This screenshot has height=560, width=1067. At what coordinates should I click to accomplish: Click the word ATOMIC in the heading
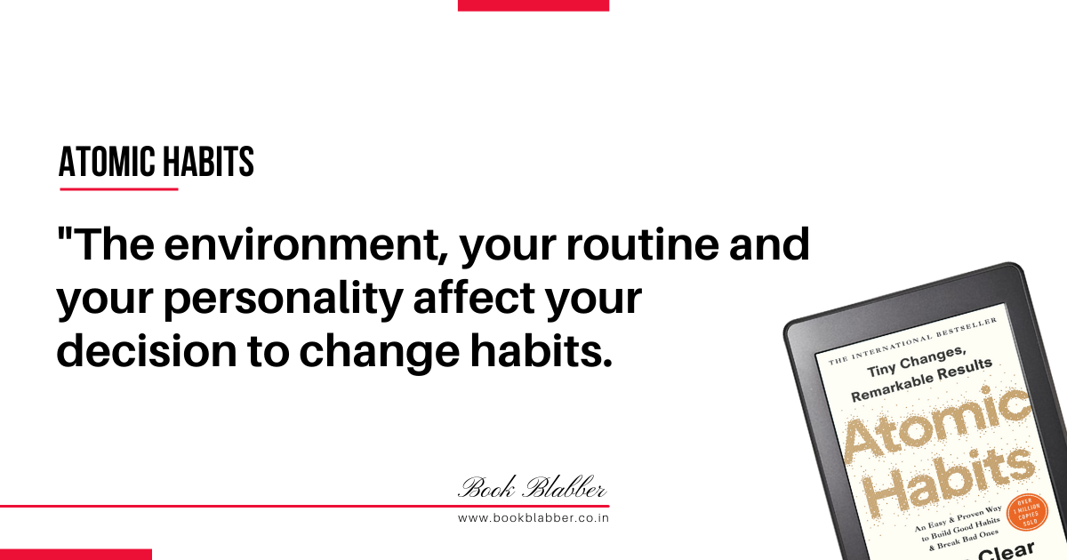click(108, 162)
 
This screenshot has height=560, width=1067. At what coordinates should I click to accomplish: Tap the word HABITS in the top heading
click(209, 162)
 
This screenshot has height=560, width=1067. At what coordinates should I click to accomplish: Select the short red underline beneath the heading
click(119, 189)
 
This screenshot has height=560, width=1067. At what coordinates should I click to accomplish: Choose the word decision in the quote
click(147, 350)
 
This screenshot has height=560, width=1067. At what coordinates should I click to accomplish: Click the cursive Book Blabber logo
click(532, 487)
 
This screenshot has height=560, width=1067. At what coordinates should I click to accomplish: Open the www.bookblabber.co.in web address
click(533, 518)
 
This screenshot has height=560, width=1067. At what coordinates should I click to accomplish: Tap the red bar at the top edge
click(533, 5)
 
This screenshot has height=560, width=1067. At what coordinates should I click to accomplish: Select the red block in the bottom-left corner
click(76, 555)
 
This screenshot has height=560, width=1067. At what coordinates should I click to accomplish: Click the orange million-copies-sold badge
click(1028, 513)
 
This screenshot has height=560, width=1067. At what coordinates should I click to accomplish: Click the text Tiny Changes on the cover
click(917, 363)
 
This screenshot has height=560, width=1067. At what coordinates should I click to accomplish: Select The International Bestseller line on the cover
click(912, 341)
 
